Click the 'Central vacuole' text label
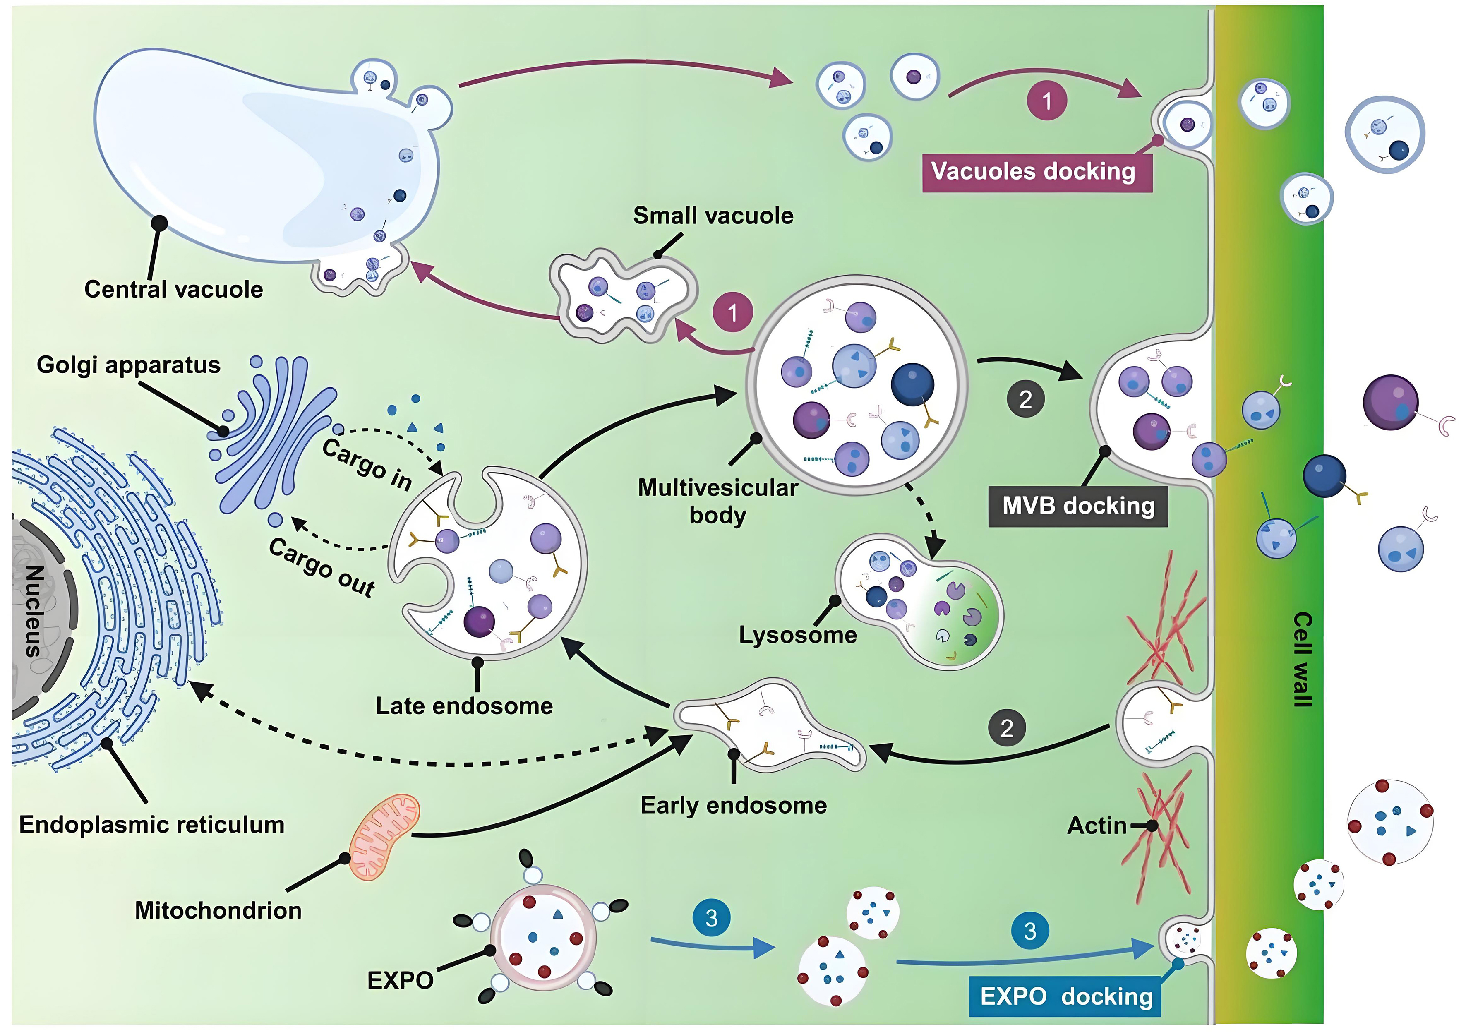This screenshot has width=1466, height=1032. (x=174, y=289)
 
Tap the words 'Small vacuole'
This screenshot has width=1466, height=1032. (x=713, y=216)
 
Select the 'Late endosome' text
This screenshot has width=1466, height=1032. (x=464, y=706)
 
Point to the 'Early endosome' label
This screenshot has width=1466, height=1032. (x=734, y=805)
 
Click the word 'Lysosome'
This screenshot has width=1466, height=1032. (x=797, y=635)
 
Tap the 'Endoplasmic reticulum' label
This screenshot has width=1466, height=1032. (x=152, y=824)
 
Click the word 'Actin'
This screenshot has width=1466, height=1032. (x=1097, y=826)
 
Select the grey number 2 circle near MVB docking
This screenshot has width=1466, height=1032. (x=1025, y=399)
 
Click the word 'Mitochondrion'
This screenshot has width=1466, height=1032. (x=218, y=910)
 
